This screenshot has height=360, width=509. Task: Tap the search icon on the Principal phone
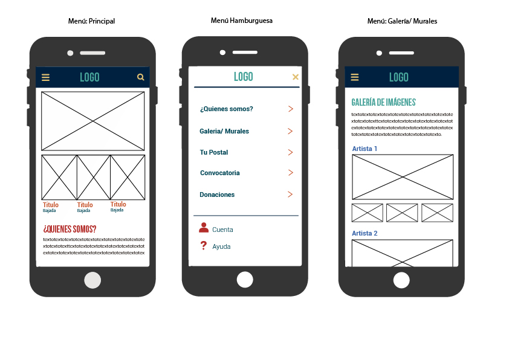coord(141,77)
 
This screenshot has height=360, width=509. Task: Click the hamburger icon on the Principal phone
coord(45,77)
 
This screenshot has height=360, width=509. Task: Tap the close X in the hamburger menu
coord(296,77)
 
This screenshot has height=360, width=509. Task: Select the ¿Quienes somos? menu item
coord(226,109)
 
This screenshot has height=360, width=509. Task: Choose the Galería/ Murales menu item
coord(224,131)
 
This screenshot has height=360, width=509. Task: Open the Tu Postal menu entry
coord(214,152)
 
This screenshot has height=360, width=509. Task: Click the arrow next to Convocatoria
coord(291,173)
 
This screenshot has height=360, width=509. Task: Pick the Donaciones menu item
coord(217,194)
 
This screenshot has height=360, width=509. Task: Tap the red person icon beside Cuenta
coord(204,228)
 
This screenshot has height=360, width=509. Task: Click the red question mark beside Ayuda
coord(204,246)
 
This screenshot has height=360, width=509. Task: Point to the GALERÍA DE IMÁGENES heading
coord(383,103)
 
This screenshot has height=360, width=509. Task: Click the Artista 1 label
coord(365,149)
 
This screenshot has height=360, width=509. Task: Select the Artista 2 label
coord(365,233)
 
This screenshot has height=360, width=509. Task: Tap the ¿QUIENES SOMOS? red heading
coord(70,229)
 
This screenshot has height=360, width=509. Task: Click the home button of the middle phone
coord(245,280)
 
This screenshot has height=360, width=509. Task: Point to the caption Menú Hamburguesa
coord(242,21)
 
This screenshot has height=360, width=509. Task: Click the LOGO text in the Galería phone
coord(399,77)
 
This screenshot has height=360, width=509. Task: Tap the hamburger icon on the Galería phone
coord(355,77)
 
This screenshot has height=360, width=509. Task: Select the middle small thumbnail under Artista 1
coord(402,213)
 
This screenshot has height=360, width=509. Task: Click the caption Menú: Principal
coord(91,21)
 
